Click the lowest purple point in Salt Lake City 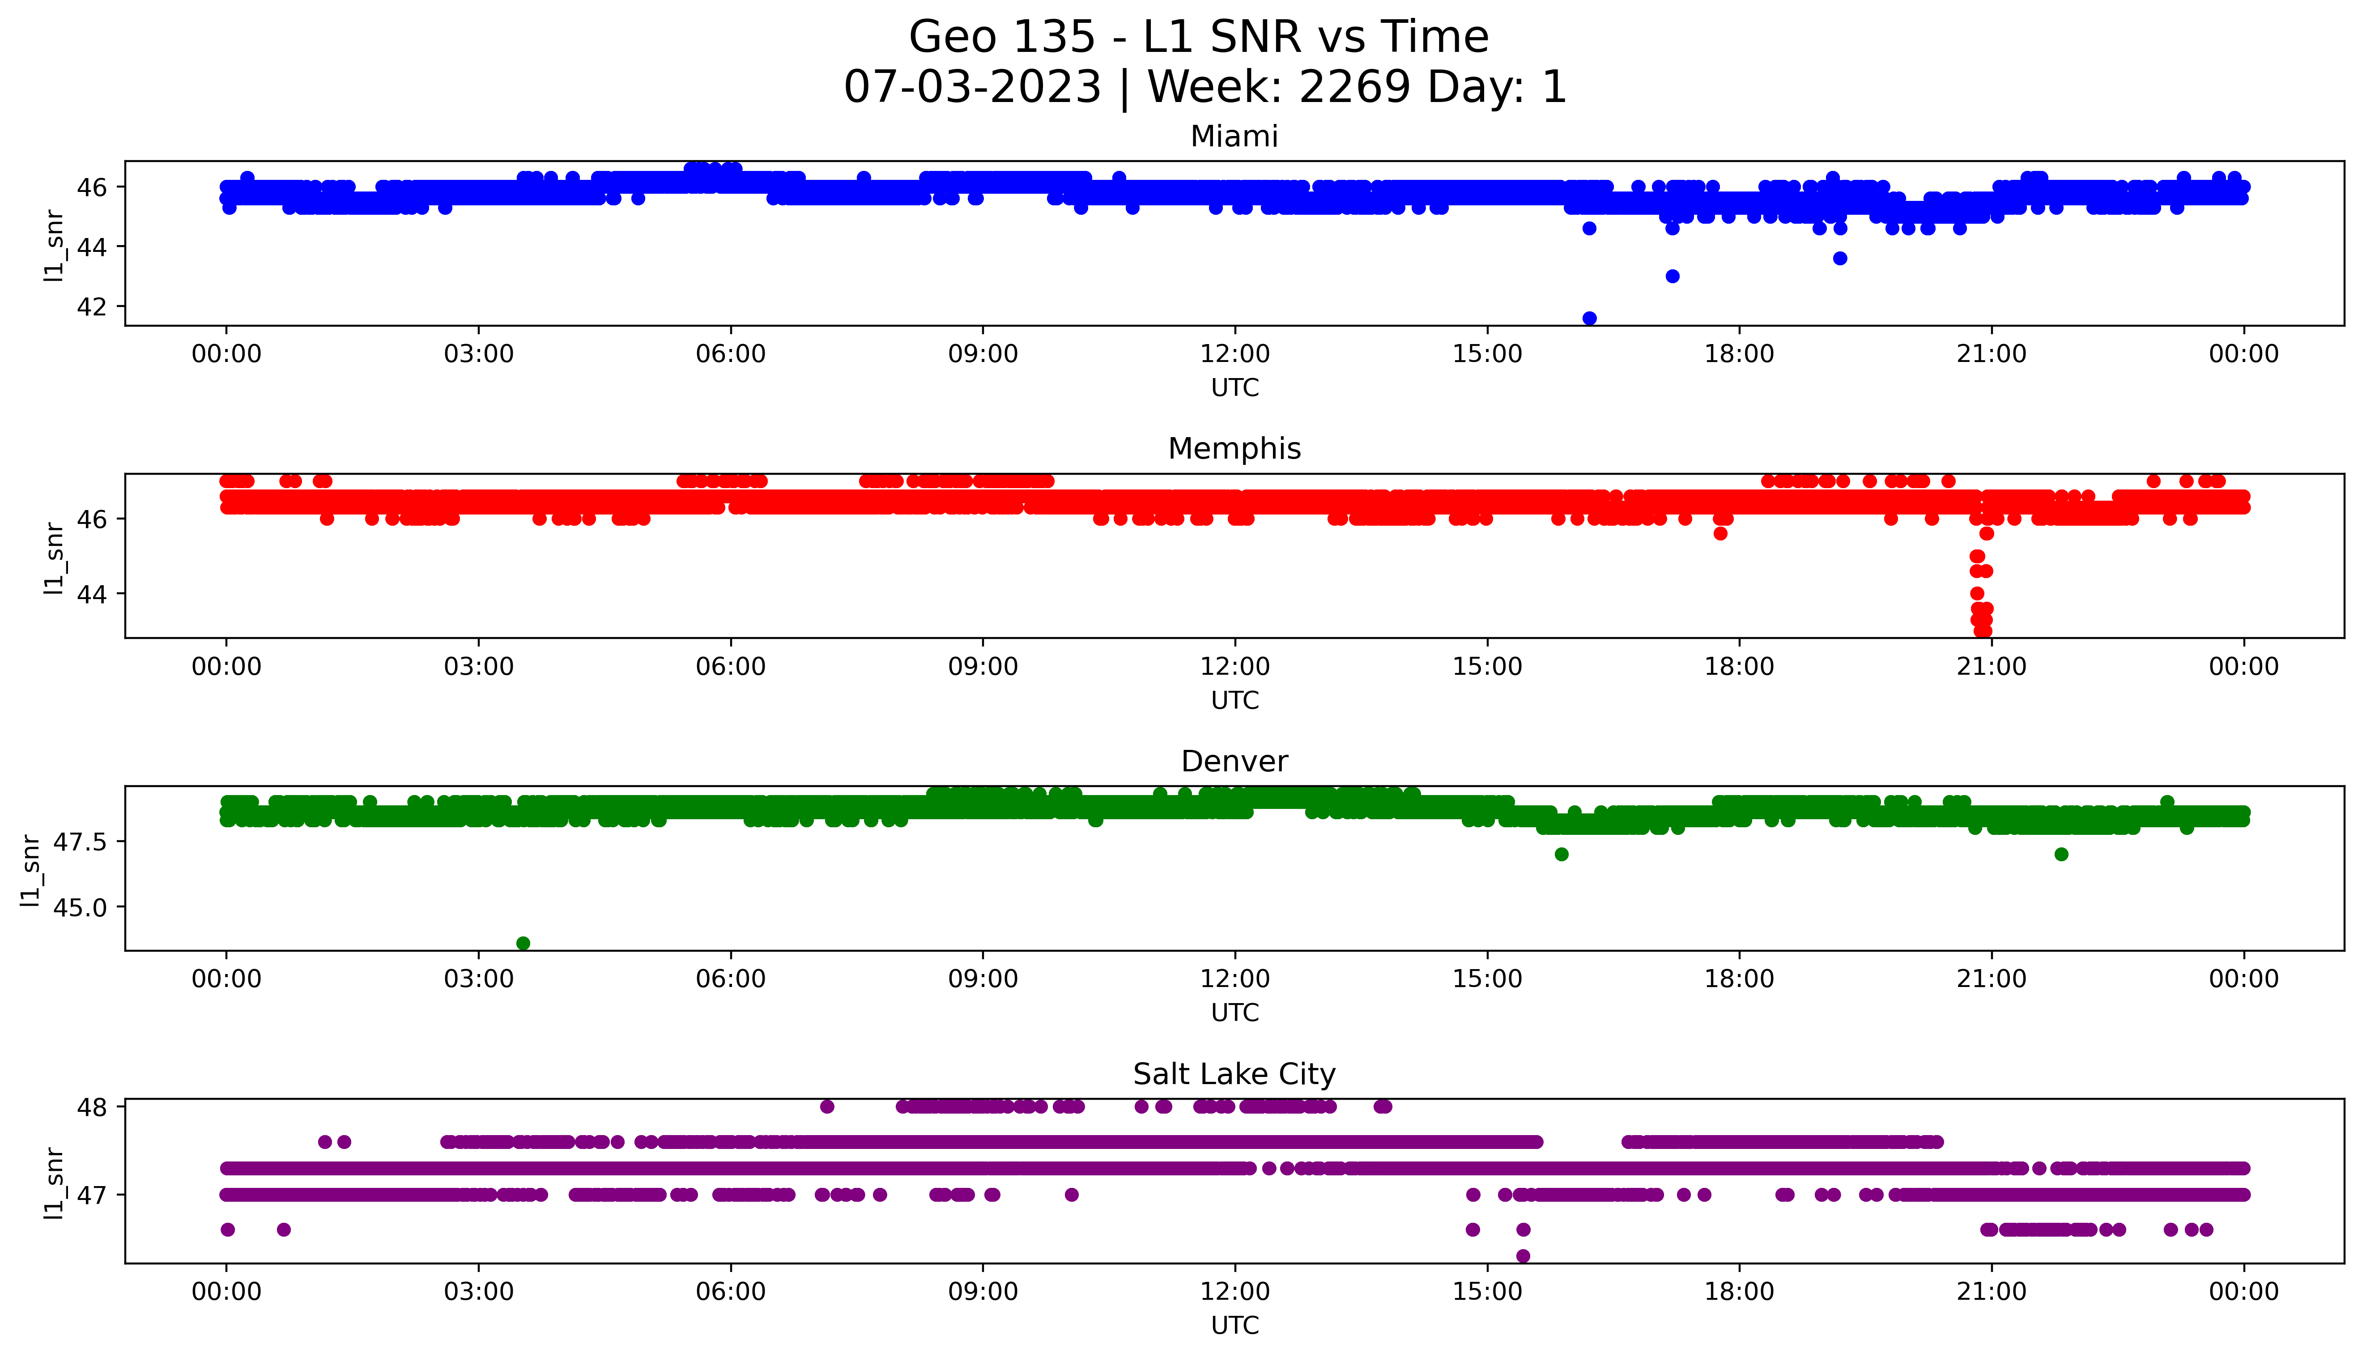coord(1523,1255)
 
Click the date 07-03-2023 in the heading coord(972,88)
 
